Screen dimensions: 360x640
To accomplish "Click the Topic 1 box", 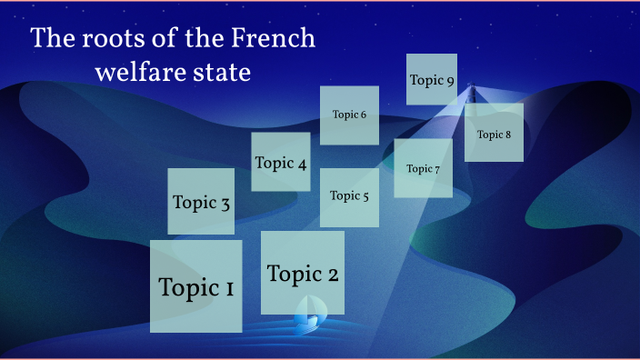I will point(195,286).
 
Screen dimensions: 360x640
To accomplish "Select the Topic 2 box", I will point(302,273).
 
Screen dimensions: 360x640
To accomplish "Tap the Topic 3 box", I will point(201,202).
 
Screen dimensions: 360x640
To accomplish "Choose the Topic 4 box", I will point(280,162).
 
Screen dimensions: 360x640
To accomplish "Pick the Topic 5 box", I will point(349,196).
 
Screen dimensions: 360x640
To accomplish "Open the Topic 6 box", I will point(349,115).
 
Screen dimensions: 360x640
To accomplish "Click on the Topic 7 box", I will point(423,168).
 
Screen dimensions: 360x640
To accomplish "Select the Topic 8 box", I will point(494,133).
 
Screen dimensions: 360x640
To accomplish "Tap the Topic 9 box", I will point(431,79).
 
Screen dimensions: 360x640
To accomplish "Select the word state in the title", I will point(221,72).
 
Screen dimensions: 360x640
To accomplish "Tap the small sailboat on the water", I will point(307,315).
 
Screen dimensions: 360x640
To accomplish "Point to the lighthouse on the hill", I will point(471,92).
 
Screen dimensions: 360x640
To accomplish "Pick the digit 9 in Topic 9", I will point(450,80).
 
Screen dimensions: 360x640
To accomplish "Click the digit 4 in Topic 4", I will point(301,164).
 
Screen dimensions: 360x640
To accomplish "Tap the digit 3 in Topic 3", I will point(224,204).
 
